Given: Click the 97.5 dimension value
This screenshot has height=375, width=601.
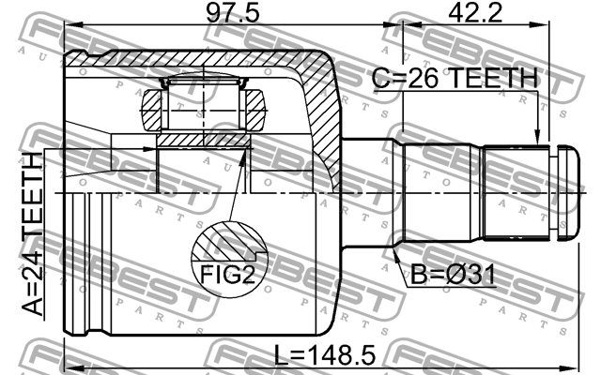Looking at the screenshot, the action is click(232, 12).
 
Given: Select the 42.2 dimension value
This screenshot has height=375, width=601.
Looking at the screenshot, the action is click(475, 12).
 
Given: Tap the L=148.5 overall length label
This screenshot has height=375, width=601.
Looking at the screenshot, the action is click(325, 354).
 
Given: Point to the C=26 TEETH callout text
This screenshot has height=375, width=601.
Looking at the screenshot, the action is click(455, 79).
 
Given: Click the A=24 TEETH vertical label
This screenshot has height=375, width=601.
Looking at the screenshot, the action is click(32, 234).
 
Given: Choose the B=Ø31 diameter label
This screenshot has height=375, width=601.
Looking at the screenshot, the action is click(453, 274).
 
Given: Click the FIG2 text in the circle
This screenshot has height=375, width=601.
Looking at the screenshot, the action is click(227, 274).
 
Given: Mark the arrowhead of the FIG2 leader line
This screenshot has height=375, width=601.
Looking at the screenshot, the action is click(243, 157).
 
